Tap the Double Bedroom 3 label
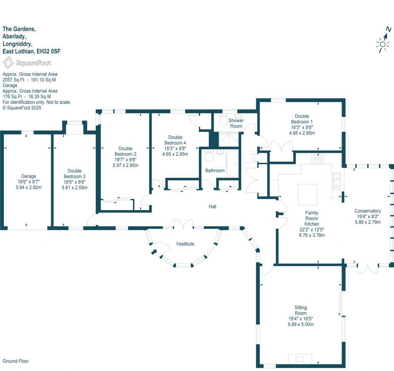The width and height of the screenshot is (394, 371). click(x=74, y=173)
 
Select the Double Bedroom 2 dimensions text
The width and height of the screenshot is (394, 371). click(x=125, y=162)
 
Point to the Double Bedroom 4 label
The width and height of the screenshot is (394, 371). click(x=175, y=140)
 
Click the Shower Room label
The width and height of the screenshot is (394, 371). click(x=236, y=123)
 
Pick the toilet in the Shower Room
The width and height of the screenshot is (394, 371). click(x=223, y=121)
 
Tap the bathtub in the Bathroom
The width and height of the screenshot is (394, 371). click(x=232, y=164)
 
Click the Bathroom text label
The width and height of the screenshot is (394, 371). click(x=215, y=170)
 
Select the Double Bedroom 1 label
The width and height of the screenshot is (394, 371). click(x=302, y=119)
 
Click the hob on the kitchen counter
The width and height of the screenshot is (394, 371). click(x=317, y=158)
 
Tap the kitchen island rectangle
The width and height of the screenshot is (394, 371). click(x=307, y=195)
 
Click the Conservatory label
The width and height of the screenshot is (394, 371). click(x=367, y=211)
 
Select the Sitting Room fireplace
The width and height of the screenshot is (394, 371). click(x=299, y=359)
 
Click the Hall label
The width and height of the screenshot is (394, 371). click(x=212, y=207)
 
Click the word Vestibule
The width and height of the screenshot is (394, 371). click(x=185, y=244)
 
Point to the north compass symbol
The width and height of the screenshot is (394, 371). click(x=383, y=41)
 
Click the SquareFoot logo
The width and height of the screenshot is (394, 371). click(x=27, y=62)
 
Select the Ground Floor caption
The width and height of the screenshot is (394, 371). click(x=16, y=361)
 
